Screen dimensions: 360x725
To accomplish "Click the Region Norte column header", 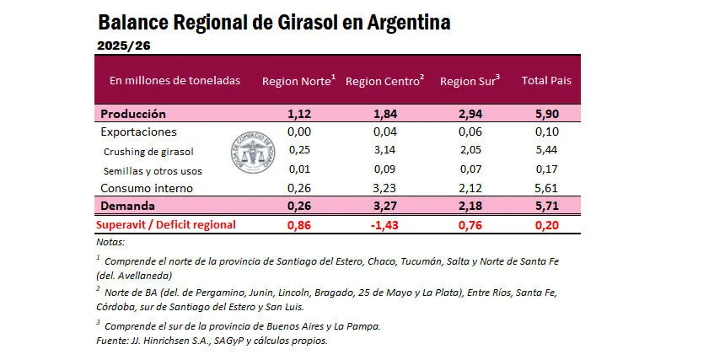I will pyautogui.click(x=298, y=81).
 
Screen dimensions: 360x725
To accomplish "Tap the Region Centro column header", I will pyautogui.click(x=384, y=81).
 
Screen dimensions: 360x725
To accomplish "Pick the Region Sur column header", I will pyautogui.click(x=470, y=81).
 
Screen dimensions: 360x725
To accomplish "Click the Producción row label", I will pyautogui.click(x=133, y=114).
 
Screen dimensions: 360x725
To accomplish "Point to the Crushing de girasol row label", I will pyautogui.click(x=148, y=151).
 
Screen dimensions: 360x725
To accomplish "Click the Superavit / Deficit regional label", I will pyautogui.click(x=165, y=224).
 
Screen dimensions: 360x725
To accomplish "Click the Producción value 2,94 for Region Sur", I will pyautogui.click(x=470, y=114).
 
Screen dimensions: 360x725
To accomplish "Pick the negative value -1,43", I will pyautogui.click(x=384, y=224).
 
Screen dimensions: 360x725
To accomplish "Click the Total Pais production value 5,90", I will pyautogui.click(x=546, y=114).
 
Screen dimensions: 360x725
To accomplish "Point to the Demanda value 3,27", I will pyautogui.click(x=384, y=206).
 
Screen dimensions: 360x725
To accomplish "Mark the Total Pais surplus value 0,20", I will pyautogui.click(x=546, y=224).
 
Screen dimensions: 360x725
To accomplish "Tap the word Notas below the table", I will pyautogui.click(x=110, y=242).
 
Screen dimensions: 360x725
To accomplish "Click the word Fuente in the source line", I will pyautogui.click(x=112, y=341).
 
